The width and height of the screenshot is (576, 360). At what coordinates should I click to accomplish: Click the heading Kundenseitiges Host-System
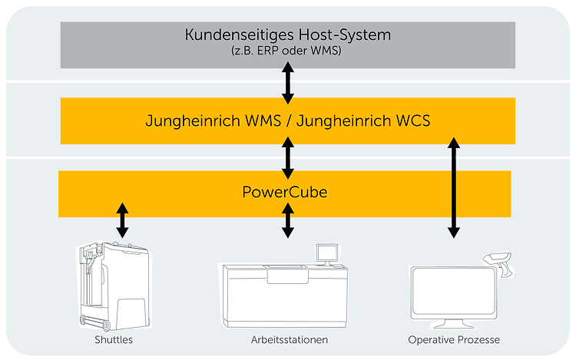[288, 35]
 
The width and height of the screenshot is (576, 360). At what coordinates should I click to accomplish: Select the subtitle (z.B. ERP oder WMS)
[288, 51]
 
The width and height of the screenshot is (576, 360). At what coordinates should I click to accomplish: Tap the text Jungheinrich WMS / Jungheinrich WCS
[288, 121]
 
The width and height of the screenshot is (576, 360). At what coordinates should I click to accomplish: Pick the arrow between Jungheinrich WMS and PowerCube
[288, 157]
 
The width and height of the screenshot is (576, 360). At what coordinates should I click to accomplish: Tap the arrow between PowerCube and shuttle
[121, 220]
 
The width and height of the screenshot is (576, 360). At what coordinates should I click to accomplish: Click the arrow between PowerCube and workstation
[288, 220]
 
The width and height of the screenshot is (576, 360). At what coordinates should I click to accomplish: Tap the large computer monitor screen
[452, 292]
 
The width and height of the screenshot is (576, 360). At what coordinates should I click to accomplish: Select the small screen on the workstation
[328, 252]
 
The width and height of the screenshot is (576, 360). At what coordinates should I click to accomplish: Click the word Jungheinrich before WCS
[338, 121]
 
